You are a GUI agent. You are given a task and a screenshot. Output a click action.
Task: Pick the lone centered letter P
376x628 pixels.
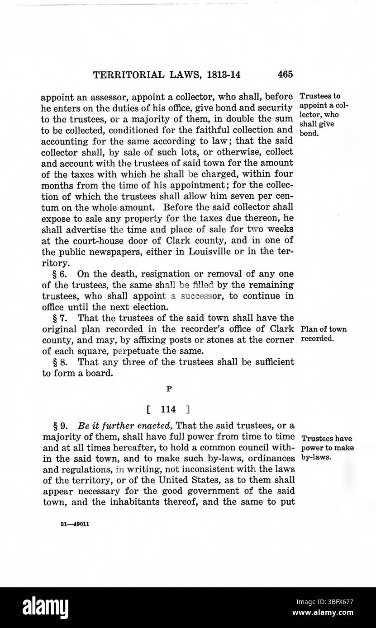(168, 387)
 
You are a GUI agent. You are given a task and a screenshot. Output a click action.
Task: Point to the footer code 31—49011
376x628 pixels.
(74, 525)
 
